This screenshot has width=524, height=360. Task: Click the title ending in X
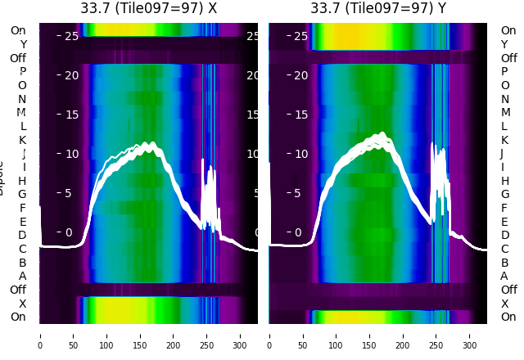click(148, 8)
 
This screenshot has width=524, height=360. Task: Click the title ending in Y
click(378, 8)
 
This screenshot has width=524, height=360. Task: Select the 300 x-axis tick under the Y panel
click(470, 335)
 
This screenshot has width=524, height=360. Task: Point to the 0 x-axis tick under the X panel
click(39, 335)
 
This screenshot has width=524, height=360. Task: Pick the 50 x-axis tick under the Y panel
click(303, 335)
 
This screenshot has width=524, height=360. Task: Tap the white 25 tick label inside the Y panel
click(300, 36)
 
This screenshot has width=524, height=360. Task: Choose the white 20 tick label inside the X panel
click(70, 75)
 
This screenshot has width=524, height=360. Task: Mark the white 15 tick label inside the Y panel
click(300, 115)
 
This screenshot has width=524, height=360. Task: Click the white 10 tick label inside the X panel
click(70, 154)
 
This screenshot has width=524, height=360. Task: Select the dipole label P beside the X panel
click(22, 71)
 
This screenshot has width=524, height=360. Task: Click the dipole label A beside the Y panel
click(504, 276)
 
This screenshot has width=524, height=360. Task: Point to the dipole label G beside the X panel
click(22, 194)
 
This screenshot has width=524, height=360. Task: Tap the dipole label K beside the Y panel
click(504, 140)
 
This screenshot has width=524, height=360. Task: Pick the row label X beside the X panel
click(22, 304)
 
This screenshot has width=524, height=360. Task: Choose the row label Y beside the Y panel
click(504, 44)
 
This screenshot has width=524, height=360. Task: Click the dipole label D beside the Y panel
click(504, 235)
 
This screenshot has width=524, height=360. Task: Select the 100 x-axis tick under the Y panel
click(337, 335)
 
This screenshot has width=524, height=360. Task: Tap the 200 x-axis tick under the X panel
click(174, 335)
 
